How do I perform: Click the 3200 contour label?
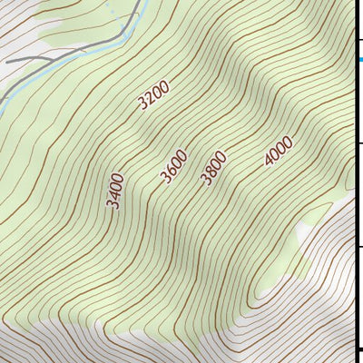click(154, 95)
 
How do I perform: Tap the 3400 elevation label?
click(116, 191)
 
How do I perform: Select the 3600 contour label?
click(173, 167)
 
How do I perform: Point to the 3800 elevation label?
click(213, 169)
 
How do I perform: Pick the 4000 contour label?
click(278, 151)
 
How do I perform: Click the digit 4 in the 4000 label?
click(270, 161)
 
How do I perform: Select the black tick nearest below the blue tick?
click(358, 142)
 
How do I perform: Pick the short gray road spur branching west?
click(27, 60)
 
